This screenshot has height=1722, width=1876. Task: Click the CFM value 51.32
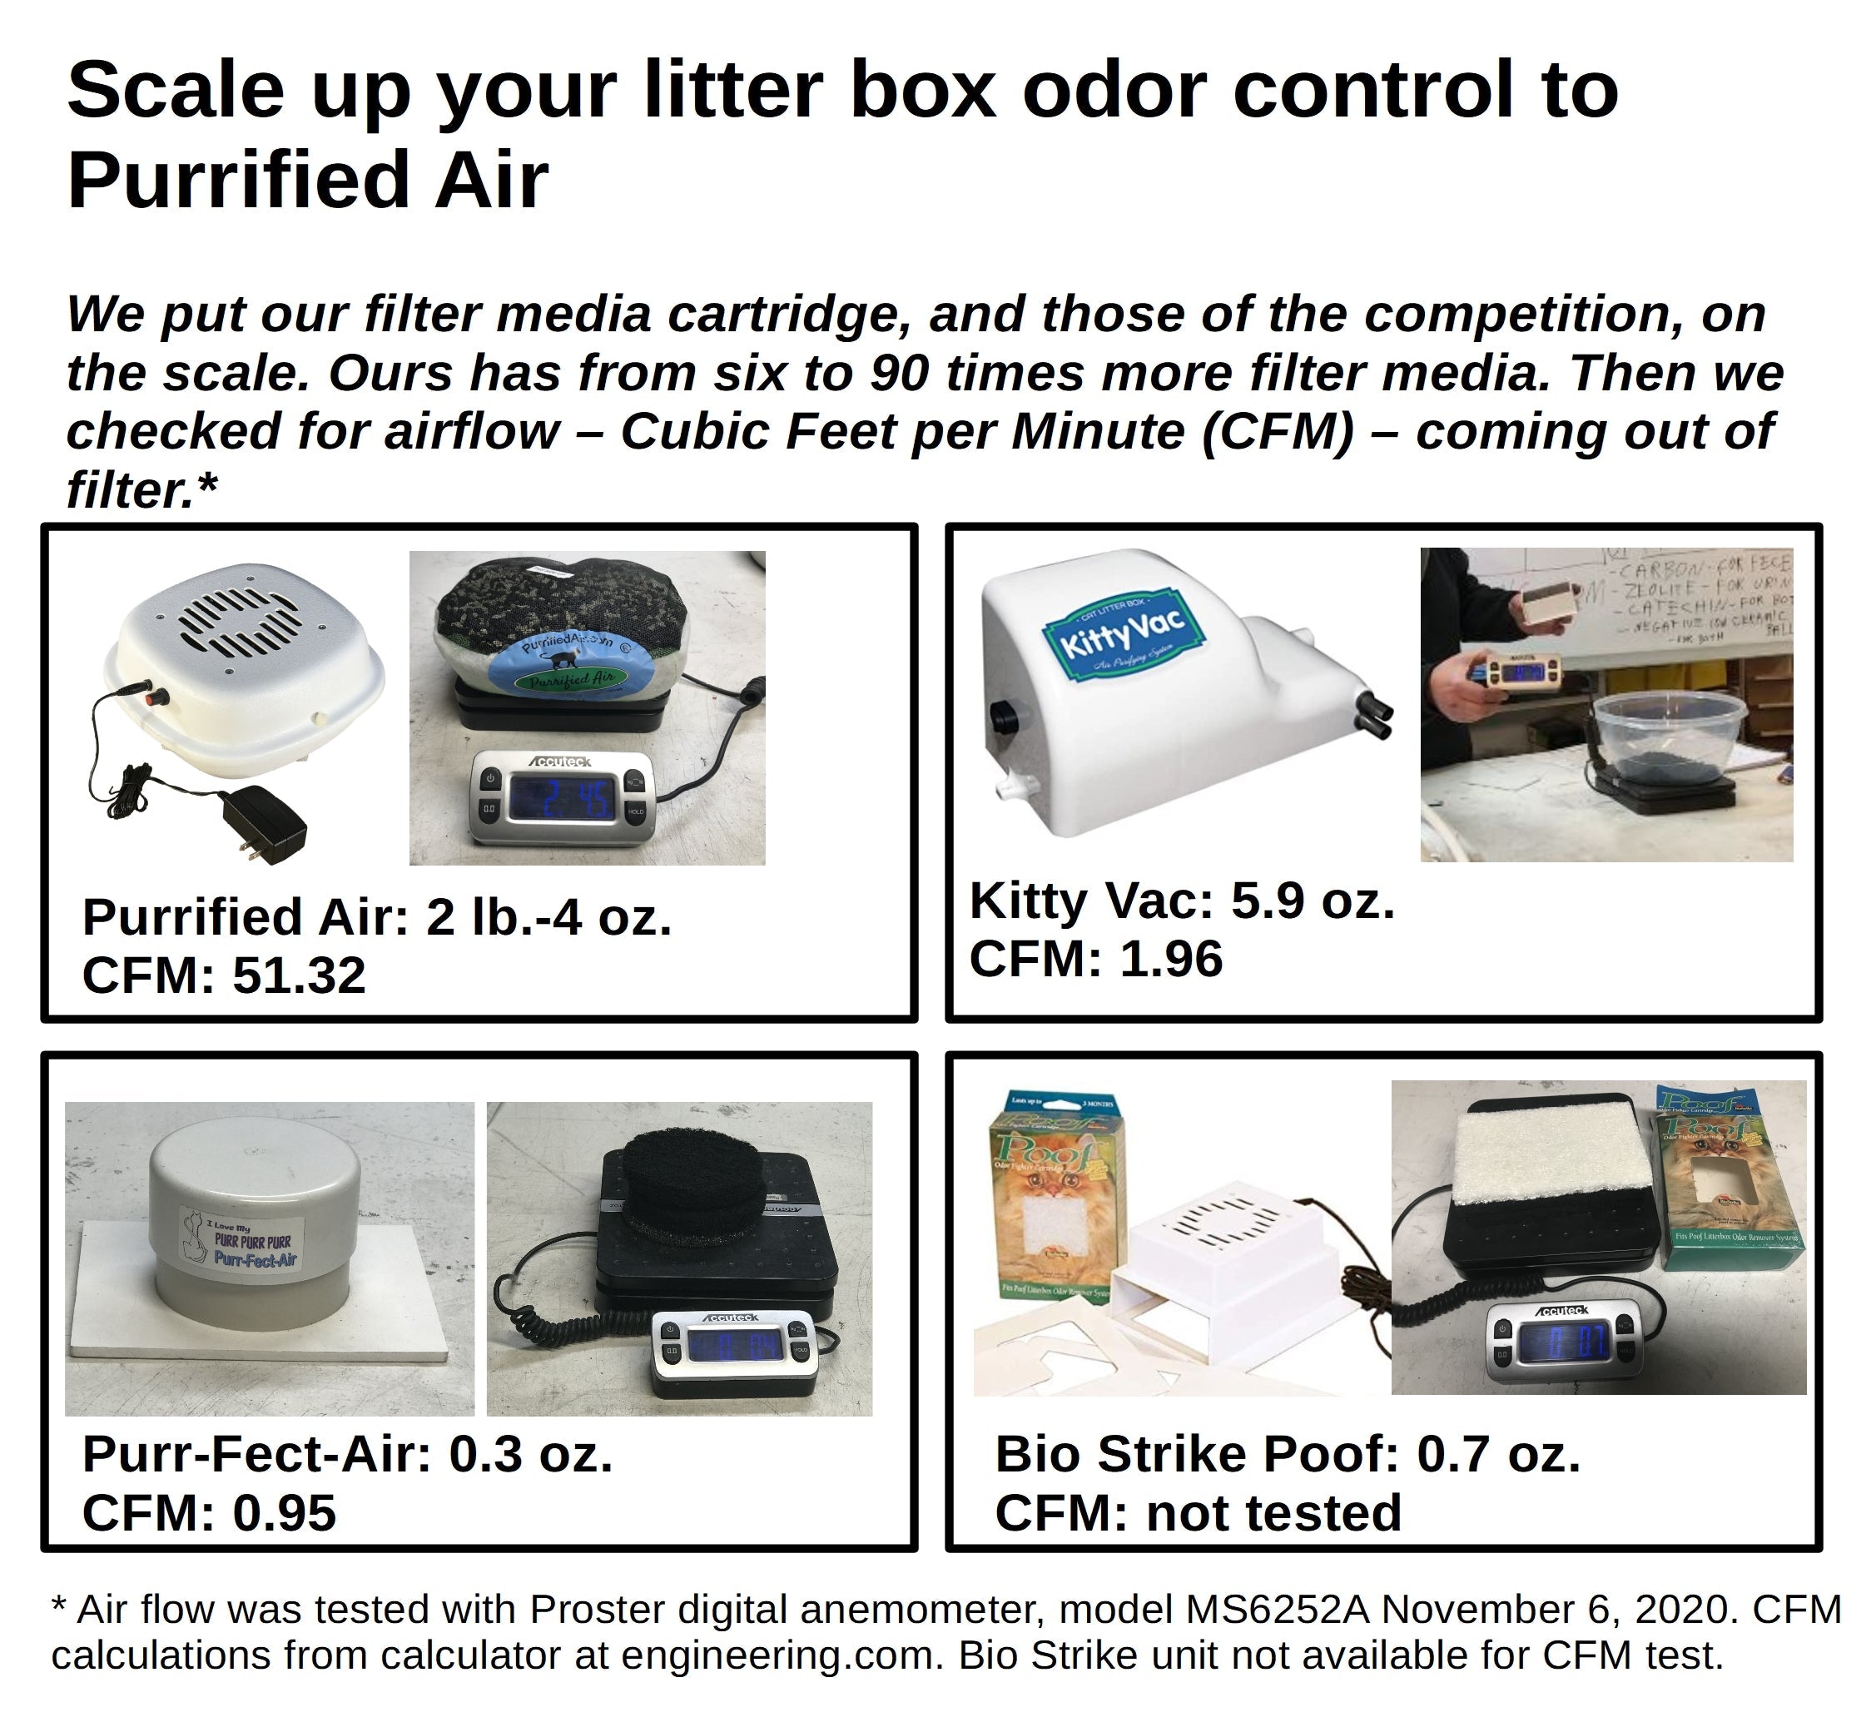pyautogui.click(x=298, y=976)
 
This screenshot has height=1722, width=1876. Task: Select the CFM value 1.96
pyautogui.click(x=1170, y=960)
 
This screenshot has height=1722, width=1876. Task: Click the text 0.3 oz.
pyautogui.click(x=530, y=1455)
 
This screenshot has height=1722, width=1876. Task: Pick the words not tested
pyautogui.click(x=1273, y=1513)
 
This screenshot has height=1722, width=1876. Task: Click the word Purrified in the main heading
pyautogui.click(x=238, y=180)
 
